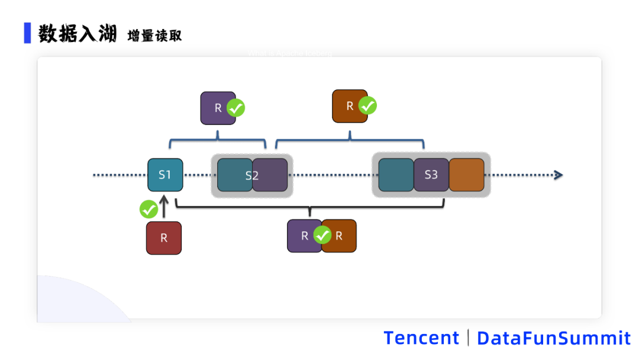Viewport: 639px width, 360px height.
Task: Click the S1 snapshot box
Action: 165,175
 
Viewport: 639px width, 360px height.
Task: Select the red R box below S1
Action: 164,238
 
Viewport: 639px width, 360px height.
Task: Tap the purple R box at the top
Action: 217,108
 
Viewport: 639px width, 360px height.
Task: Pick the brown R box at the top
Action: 348,106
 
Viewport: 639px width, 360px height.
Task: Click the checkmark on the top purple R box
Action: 236,108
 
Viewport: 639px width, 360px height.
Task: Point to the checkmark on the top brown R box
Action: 368,106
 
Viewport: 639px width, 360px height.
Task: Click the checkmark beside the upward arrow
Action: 149,209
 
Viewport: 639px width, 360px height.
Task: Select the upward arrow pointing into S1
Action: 164,207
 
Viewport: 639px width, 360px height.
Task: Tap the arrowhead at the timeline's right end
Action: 557,175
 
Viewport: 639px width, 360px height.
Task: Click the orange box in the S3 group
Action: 466,175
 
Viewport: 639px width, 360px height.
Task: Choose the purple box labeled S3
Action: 431,175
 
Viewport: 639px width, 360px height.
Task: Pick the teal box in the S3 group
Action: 396,175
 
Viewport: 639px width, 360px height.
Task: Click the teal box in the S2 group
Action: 234,175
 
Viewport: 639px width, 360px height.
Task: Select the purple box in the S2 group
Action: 270,175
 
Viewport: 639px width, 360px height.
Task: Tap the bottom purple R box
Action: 303,236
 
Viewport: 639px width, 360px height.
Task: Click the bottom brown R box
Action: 340,236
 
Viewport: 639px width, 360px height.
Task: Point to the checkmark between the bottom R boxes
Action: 322,235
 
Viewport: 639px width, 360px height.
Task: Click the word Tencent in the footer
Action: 421,338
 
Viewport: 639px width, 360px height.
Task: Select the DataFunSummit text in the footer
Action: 554,338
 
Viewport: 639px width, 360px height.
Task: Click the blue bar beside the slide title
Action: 27,33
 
